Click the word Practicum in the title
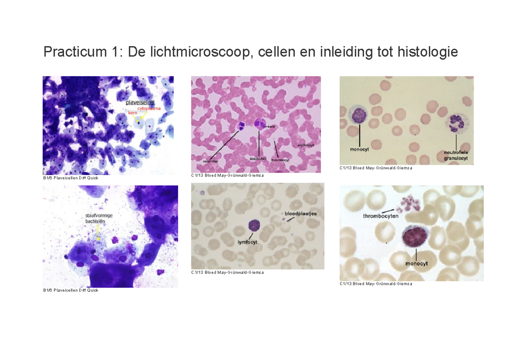72,53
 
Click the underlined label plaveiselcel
140,103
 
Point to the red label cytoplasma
148,109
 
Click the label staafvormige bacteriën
98,218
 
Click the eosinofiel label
258,159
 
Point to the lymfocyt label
247,242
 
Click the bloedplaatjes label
300,213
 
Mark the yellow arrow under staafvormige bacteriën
98,233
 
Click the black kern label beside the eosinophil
271,126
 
